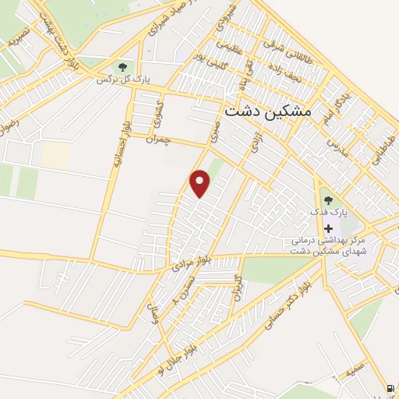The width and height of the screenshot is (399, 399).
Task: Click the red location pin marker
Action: click(201, 183)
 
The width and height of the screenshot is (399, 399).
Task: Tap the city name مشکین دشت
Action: click(267, 111)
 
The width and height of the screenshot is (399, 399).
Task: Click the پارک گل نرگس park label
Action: click(122, 79)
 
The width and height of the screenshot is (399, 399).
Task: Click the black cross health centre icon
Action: click(328, 229)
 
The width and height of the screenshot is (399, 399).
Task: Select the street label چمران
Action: click(157, 138)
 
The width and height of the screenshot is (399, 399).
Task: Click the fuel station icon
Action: click(389, 387)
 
